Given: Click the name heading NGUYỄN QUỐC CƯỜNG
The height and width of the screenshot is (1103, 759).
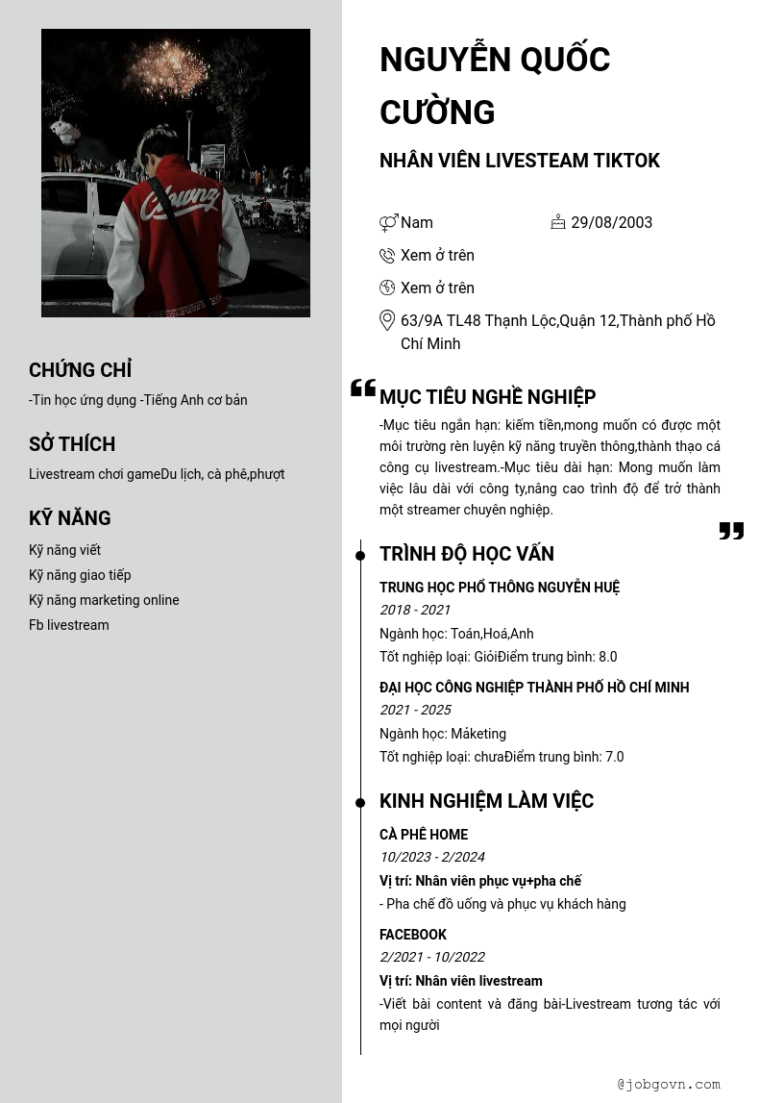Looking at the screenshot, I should coord(495,86).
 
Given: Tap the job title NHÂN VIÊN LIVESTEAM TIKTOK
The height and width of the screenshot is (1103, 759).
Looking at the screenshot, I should coord(519,161).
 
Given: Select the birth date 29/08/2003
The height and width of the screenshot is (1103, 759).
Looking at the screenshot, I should coord(611,222).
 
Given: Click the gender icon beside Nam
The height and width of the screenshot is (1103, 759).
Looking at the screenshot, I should coord(388,223).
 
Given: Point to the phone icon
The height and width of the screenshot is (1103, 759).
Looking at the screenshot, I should coord(387,255).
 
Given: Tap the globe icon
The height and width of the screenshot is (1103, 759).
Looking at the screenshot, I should coord(387,288).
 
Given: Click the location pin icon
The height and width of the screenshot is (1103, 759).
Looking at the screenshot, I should coord(387,320).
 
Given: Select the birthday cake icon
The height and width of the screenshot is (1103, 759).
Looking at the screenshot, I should coord(558,222).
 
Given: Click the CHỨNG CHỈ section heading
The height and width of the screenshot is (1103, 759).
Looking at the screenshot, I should coord(81,370).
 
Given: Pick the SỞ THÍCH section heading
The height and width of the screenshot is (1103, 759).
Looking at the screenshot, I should coord(72,444).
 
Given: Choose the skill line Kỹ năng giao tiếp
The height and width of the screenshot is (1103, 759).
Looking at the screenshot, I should coord(80,575).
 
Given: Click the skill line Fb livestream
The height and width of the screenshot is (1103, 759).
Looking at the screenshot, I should coord(69,625).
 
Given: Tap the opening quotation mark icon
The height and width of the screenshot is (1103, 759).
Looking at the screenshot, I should coord(363,388).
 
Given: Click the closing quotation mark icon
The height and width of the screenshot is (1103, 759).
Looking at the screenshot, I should coord(731,531).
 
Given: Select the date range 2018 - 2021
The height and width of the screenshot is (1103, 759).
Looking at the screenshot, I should coord(415,610).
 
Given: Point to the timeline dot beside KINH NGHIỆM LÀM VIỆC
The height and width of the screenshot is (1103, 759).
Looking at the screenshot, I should coord(360,802).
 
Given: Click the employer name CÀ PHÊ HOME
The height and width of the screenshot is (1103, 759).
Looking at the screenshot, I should coord(424,835).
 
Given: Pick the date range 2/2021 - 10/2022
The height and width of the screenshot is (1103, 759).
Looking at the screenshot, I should coord(432,957).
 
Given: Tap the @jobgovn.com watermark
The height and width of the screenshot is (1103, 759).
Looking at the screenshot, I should coord(669,1084).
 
